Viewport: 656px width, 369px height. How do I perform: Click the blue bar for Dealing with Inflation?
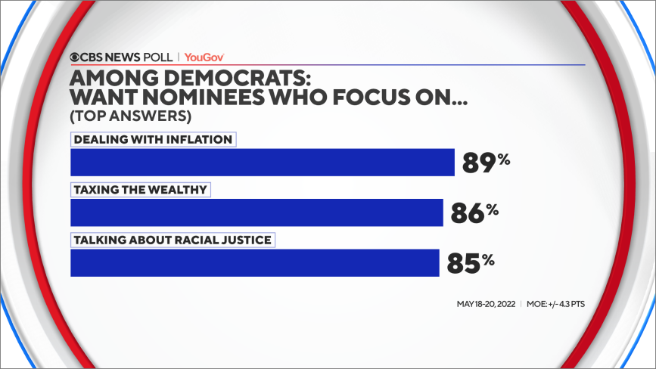(x=262, y=163)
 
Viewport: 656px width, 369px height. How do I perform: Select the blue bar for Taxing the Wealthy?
(x=256, y=212)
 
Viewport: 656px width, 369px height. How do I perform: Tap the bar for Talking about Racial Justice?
(x=254, y=262)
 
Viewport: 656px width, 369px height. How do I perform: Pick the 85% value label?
(x=469, y=263)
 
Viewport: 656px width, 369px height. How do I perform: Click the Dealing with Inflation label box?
(x=153, y=139)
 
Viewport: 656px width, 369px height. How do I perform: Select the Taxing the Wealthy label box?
(x=139, y=190)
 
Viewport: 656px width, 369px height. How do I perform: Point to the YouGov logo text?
(x=204, y=57)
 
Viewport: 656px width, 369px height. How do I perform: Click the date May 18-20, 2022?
(x=487, y=305)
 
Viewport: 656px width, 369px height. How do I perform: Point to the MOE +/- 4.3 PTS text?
(x=555, y=305)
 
